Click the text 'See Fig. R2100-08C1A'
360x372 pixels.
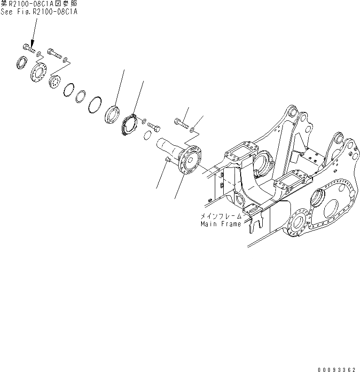(39, 12)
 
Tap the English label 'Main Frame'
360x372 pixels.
(220, 224)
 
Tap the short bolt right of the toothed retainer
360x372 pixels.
(154, 126)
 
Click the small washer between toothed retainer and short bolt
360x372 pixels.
(144, 120)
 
